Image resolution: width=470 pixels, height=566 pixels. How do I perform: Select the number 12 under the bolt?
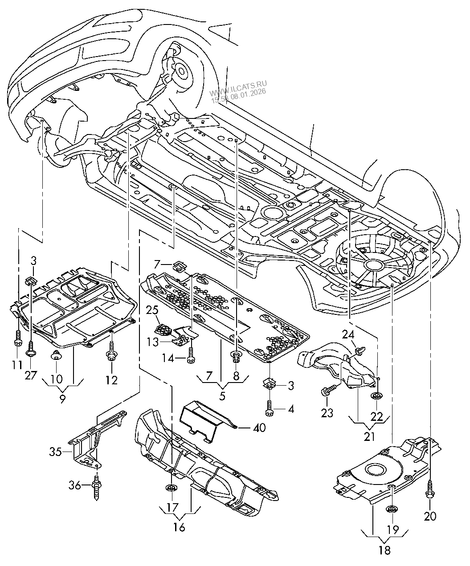pyautogui.click(x=111, y=380)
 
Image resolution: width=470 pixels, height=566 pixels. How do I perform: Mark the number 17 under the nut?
pyautogui.click(x=172, y=507)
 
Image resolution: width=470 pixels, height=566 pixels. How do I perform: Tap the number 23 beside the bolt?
pyautogui.click(x=327, y=413)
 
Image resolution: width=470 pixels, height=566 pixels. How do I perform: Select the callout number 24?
pyautogui.click(x=348, y=334)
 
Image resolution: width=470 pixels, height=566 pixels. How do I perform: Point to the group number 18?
pyautogui.click(x=384, y=550)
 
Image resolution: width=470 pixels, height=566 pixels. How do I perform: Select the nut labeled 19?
pyautogui.click(x=392, y=510)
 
